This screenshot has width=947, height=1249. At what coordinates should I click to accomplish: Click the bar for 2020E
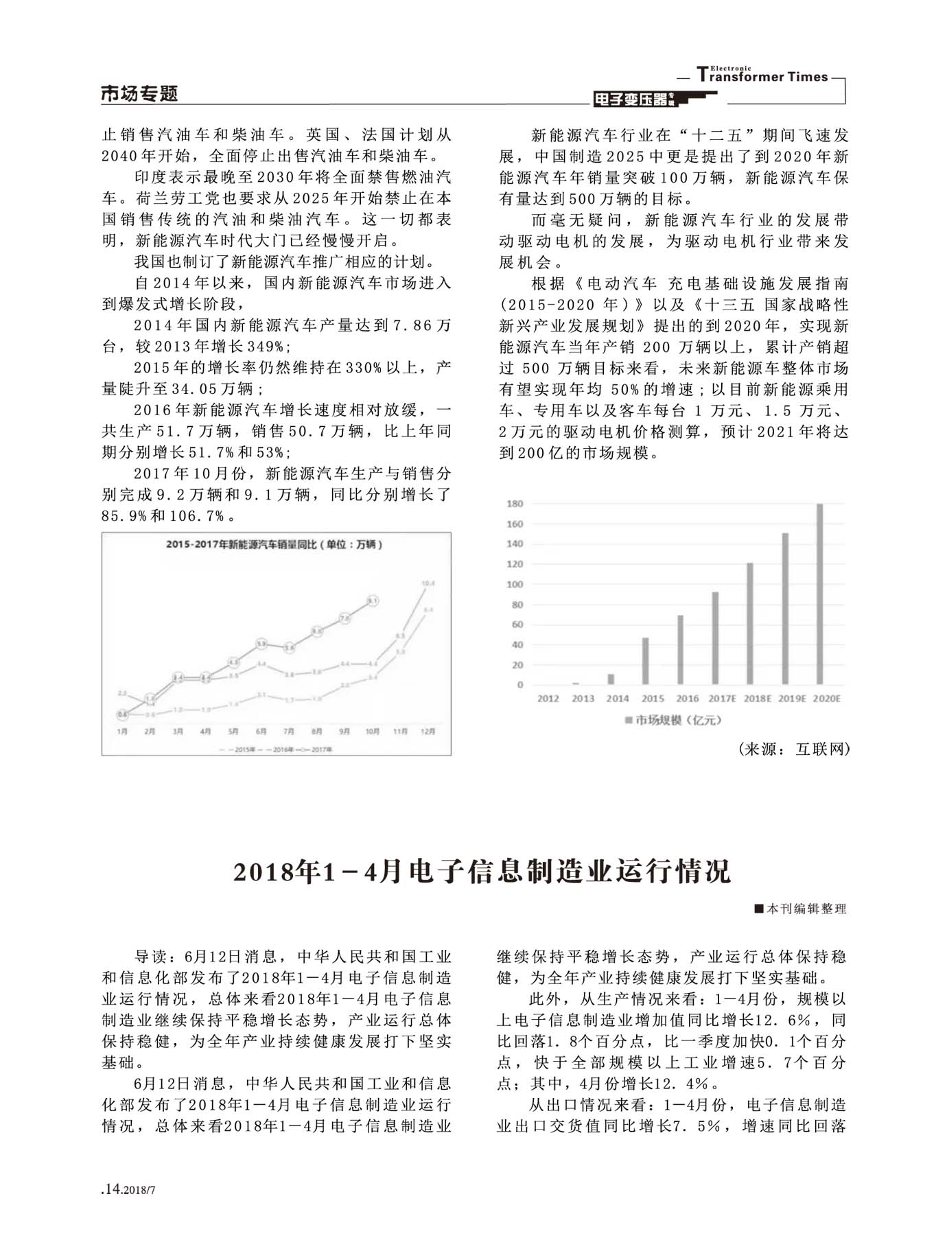[x=819, y=594]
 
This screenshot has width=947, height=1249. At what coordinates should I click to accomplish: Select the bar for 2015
[x=645, y=661]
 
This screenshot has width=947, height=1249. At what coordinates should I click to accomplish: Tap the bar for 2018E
[x=750, y=624]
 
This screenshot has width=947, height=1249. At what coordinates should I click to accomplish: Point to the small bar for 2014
[x=611, y=679]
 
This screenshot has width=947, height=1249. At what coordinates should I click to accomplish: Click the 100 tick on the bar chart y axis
[x=515, y=585]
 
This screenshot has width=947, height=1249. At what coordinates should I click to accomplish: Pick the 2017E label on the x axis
[x=722, y=699]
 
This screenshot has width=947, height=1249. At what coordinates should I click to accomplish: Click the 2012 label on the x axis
[x=548, y=699]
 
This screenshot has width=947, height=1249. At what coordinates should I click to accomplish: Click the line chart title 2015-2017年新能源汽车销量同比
[x=274, y=544]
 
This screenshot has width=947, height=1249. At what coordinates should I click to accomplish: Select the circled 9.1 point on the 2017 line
[x=373, y=600]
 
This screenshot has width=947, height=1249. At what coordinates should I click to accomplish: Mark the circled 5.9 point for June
[x=261, y=644]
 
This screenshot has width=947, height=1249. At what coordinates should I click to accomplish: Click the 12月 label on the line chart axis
[x=428, y=732]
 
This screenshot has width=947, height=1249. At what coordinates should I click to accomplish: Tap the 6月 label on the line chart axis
[x=261, y=732]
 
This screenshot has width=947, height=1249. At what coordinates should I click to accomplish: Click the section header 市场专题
[x=139, y=93]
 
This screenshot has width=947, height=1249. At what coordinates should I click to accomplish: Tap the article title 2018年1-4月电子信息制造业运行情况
[x=482, y=872]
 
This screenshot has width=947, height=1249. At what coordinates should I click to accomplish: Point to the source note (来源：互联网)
[x=794, y=749]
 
